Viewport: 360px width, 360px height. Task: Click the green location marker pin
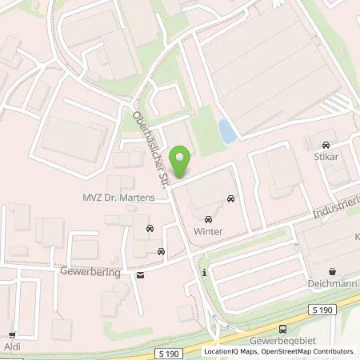[182, 162]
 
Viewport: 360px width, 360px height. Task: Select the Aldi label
[11, 348]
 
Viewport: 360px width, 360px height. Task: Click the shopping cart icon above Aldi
[11, 336]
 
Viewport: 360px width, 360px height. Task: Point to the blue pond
[227, 130]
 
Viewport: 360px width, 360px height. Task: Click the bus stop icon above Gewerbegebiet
[282, 330]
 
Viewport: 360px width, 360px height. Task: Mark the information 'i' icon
[205, 273]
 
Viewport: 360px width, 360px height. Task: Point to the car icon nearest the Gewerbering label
[162, 252]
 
